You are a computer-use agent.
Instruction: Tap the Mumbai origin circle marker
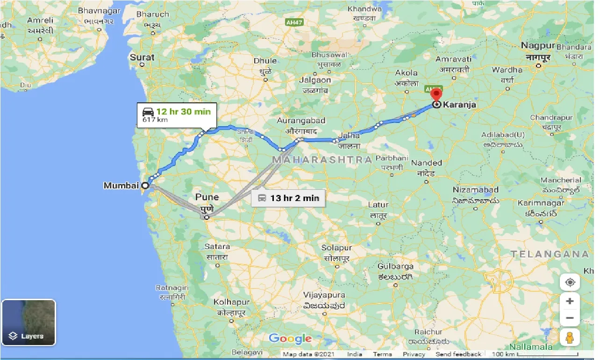(x=145, y=186)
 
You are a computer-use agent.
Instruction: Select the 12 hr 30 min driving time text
(x=183, y=111)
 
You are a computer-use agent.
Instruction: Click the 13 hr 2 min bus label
(x=294, y=198)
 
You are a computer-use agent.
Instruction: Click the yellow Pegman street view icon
(x=570, y=337)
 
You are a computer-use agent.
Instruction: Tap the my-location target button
(x=570, y=282)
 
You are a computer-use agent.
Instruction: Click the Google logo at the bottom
(x=290, y=339)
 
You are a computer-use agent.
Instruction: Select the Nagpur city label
(x=537, y=46)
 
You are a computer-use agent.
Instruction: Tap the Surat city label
(x=142, y=58)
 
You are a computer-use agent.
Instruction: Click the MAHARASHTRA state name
(x=322, y=160)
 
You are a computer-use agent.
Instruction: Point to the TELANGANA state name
(x=550, y=254)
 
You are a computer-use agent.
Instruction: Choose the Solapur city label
(x=336, y=248)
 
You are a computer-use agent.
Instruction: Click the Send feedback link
(x=458, y=354)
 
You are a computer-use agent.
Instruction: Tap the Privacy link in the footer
(x=414, y=354)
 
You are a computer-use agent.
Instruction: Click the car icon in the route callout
(x=148, y=112)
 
